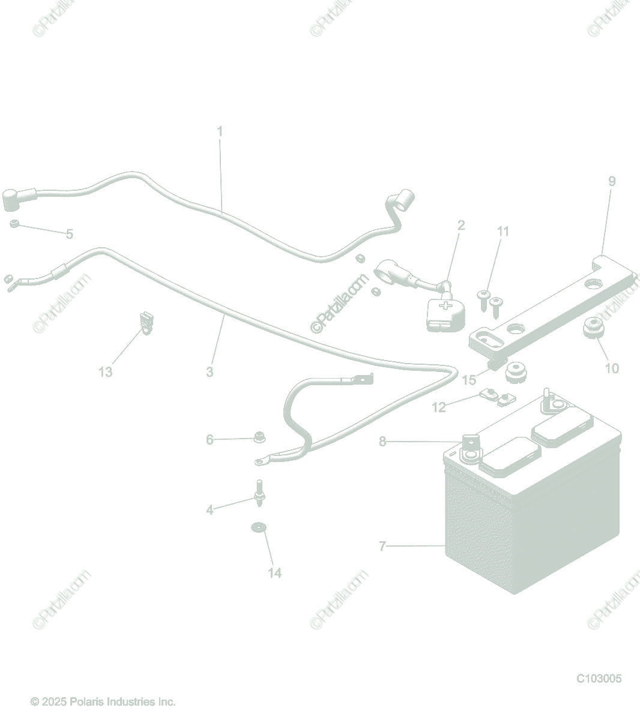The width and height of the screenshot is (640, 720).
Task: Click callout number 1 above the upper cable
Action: click(220, 130)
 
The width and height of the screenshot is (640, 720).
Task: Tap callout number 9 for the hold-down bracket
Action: click(612, 181)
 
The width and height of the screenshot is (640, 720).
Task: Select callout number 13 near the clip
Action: click(105, 373)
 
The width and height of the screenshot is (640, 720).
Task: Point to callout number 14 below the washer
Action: click(274, 573)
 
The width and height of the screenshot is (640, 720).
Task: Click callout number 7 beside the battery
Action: click(382, 547)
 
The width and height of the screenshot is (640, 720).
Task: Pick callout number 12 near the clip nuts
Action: click(439, 407)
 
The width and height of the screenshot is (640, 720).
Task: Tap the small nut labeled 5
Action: click(14, 224)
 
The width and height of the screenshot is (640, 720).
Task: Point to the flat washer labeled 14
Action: click(258, 527)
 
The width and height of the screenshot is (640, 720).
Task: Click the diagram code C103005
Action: click(599, 679)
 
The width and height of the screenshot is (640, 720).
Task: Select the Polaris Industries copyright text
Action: click(103, 701)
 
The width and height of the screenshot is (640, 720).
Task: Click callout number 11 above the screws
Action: click(503, 232)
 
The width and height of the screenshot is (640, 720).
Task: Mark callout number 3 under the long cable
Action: click(210, 372)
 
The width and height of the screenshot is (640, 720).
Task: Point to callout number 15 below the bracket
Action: click(469, 380)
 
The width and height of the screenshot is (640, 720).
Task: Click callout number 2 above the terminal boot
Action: click(461, 226)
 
